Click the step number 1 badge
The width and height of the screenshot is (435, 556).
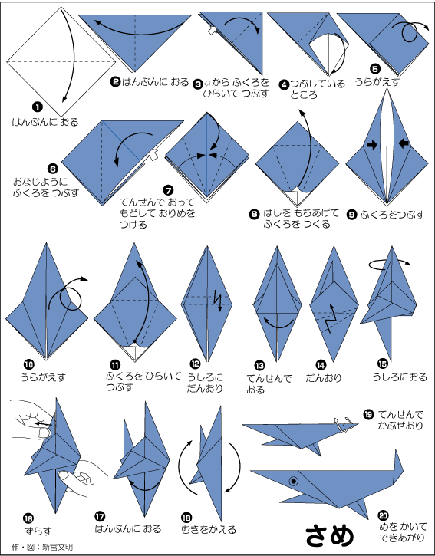pyautogui.click(x=37, y=107)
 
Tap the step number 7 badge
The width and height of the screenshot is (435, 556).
pyautogui.click(x=169, y=191)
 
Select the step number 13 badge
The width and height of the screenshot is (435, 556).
pyautogui.click(x=259, y=365)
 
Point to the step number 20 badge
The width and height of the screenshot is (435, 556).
pyautogui.click(x=383, y=515)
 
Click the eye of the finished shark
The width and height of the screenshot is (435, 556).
pyautogui.click(x=293, y=481)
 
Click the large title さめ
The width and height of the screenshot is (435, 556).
pyautogui.click(x=330, y=535)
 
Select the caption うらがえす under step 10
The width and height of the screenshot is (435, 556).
pyautogui.click(x=43, y=377)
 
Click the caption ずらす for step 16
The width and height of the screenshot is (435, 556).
pyautogui.click(x=38, y=531)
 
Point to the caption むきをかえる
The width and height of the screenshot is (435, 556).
pyautogui.click(x=209, y=529)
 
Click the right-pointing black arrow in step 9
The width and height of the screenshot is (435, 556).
pyautogui.click(x=372, y=144)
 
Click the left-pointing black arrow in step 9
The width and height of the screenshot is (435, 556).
pyautogui.click(x=404, y=143)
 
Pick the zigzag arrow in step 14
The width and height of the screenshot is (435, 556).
pyautogui.click(x=331, y=319)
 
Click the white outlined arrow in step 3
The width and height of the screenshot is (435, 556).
pyautogui.click(x=213, y=31)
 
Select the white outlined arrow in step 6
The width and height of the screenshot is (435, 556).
pyautogui.click(x=153, y=155)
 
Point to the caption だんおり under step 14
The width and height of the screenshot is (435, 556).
pyautogui.click(x=324, y=378)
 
